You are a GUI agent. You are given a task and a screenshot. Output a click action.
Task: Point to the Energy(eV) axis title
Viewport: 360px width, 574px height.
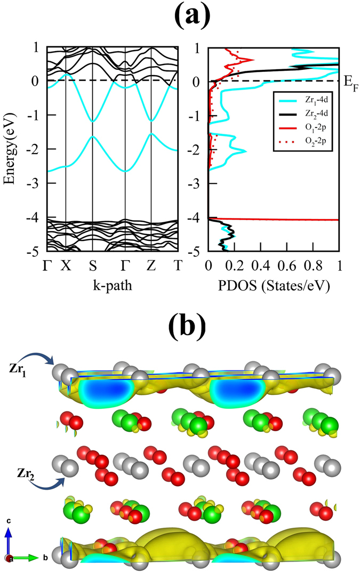pos(9,148)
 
